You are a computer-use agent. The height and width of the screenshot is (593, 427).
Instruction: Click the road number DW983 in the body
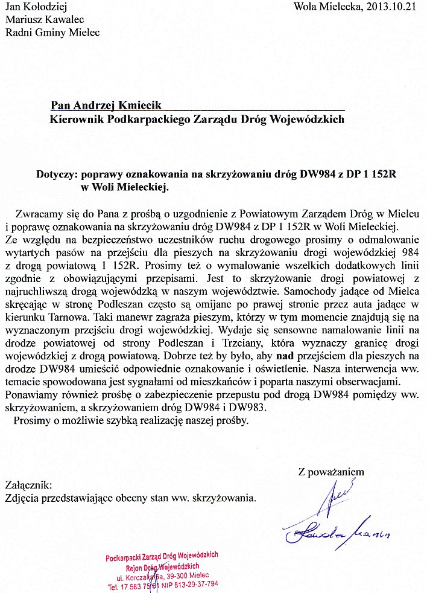[250, 407]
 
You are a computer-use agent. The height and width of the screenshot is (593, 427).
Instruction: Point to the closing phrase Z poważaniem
[331, 472]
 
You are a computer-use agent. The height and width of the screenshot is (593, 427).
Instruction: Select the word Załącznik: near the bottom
[28, 485]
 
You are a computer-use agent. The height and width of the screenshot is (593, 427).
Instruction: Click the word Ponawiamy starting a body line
[31, 394]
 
